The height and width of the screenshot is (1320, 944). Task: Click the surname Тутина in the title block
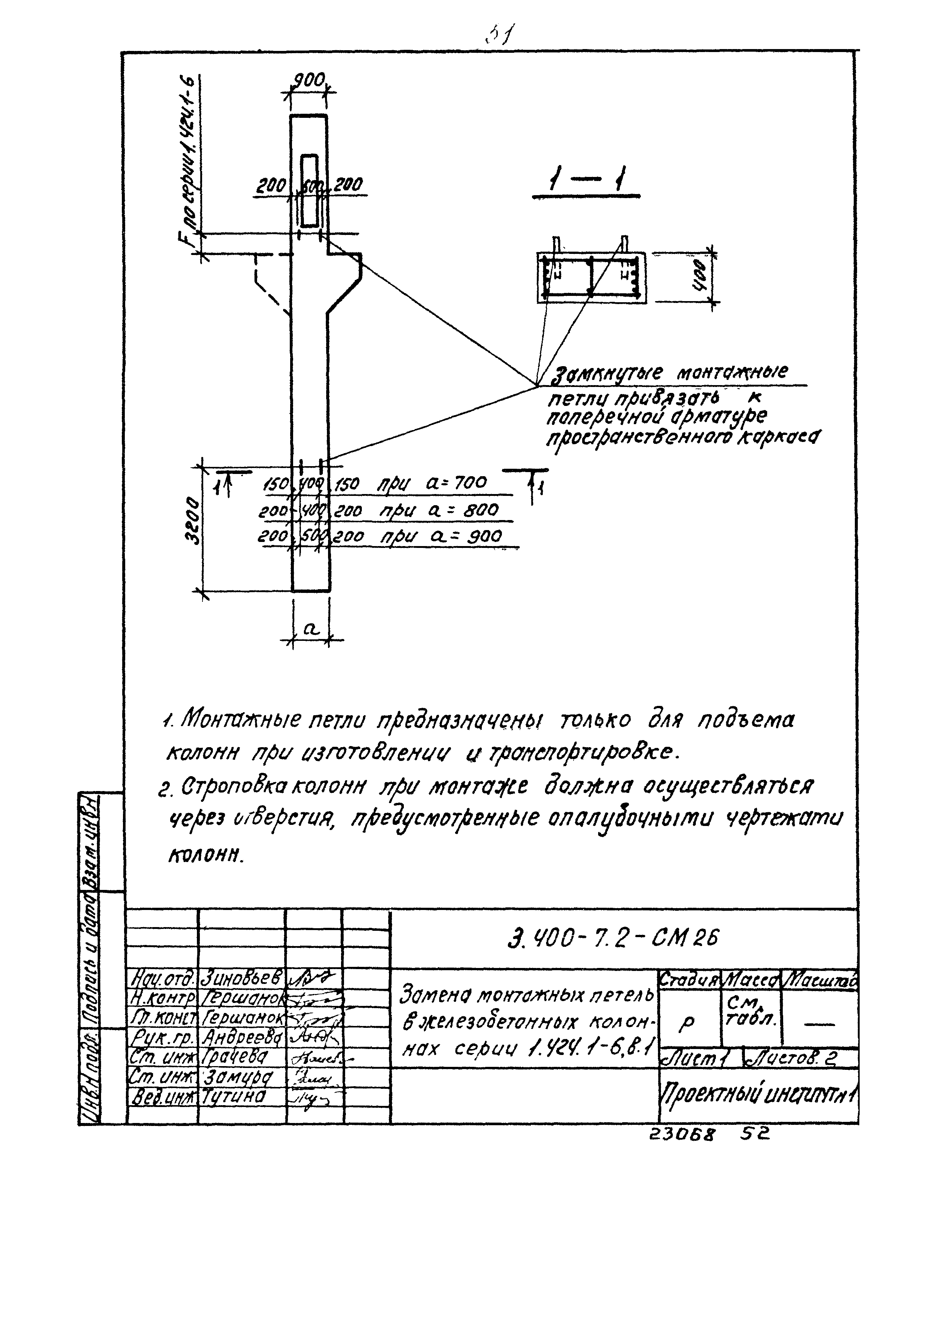(234, 1097)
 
